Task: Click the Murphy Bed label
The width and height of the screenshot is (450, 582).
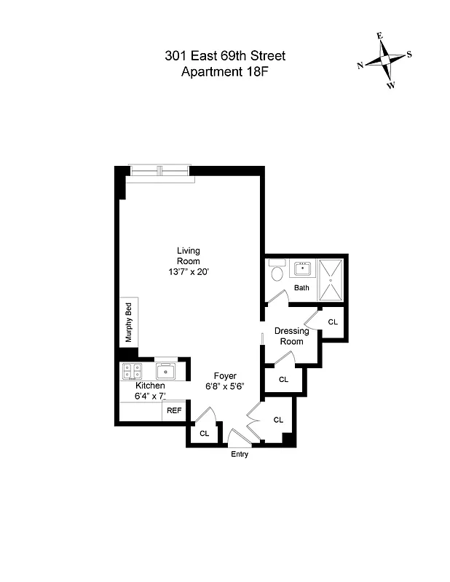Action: click(x=129, y=322)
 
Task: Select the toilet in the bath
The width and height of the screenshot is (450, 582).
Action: click(x=276, y=274)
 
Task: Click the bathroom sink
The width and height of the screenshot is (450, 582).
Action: click(x=302, y=269)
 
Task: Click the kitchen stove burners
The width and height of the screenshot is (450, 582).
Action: click(x=132, y=371)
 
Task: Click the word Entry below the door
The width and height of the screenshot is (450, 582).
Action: click(x=240, y=455)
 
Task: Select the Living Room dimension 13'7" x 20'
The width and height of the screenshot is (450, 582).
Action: click(x=188, y=271)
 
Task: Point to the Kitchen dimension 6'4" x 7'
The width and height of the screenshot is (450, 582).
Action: click(x=151, y=396)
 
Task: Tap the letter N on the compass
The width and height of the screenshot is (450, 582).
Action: click(x=360, y=65)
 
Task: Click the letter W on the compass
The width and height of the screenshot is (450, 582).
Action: click(x=391, y=85)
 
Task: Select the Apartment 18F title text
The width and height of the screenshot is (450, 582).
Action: click(x=225, y=71)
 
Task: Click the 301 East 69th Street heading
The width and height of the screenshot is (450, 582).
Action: click(x=225, y=55)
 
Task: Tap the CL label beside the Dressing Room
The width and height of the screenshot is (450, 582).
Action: click(x=333, y=322)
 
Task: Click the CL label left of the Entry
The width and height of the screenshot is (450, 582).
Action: click(x=205, y=433)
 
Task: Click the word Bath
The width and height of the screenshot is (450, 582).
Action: click(x=301, y=287)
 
